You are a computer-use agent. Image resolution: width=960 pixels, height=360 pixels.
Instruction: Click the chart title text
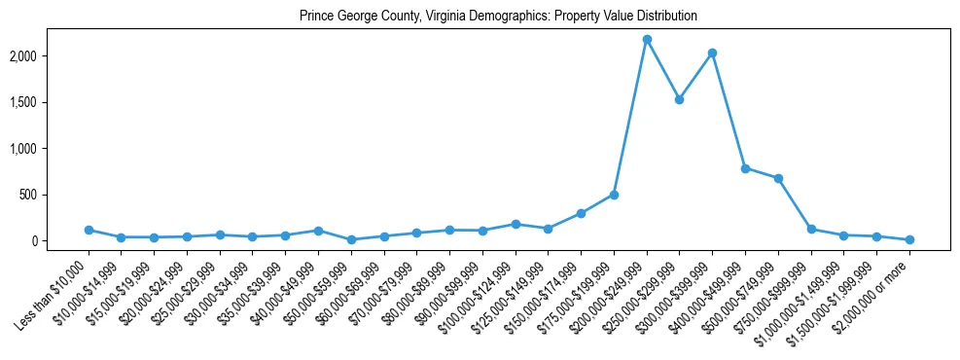tap(498, 17)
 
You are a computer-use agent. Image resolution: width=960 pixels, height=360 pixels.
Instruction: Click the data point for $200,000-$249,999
tap(647, 39)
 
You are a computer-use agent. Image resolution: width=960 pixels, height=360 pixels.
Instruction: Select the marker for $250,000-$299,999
tap(680, 99)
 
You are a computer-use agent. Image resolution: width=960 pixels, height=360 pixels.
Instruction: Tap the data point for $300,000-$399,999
tap(712, 53)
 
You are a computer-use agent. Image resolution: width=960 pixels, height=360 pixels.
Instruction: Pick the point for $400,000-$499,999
tap(745, 168)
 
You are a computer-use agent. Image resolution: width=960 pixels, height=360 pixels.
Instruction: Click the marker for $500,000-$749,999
tap(778, 178)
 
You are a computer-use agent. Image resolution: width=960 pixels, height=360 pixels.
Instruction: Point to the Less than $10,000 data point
tap(89, 230)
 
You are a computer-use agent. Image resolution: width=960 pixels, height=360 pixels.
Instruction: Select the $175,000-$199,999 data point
tap(614, 195)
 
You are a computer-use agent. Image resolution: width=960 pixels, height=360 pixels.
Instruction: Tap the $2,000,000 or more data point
tap(909, 239)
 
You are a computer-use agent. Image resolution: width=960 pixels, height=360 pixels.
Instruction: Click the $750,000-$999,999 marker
tap(811, 229)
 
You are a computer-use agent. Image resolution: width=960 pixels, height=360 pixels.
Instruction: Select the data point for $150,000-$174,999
tap(581, 213)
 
